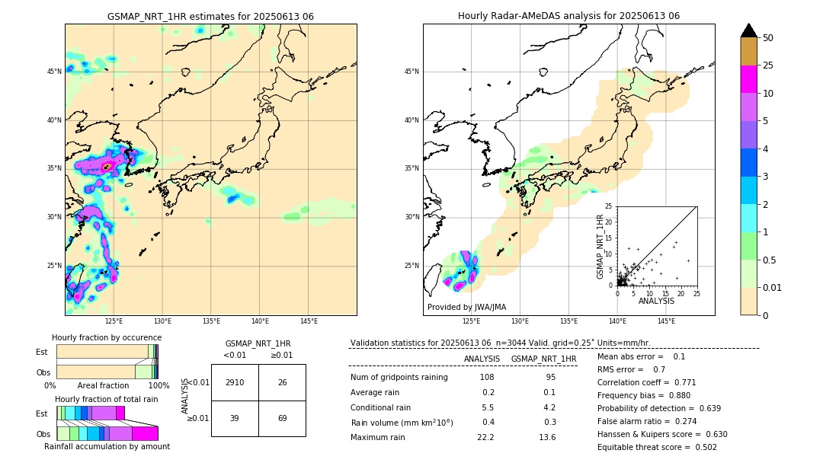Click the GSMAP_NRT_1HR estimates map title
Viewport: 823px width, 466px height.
click(x=210, y=16)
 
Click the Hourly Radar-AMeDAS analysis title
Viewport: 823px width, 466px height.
click(x=568, y=16)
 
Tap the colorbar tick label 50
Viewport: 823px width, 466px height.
click(x=768, y=38)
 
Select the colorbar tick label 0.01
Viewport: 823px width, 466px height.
click(x=773, y=287)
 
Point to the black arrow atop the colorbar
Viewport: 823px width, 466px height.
click(x=749, y=30)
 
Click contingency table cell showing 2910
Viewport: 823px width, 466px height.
click(x=235, y=382)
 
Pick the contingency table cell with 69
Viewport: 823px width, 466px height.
click(x=282, y=419)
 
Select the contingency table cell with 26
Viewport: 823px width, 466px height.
click(x=282, y=382)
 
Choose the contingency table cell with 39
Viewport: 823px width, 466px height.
click(x=235, y=419)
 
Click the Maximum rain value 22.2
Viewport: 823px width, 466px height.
click(x=486, y=437)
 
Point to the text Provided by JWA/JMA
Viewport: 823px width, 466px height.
click(x=466, y=307)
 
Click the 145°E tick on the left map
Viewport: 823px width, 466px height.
click(x=309, y=321)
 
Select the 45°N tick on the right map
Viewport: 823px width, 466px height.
click(x=411, y=72)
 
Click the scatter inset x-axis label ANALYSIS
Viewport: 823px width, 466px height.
click(x=656, y=301)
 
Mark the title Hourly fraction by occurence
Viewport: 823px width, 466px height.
click(x=107, y=337)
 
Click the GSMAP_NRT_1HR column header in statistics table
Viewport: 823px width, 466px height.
click(x=543, y=359)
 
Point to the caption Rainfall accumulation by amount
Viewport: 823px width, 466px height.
click(x=107, y=447)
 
